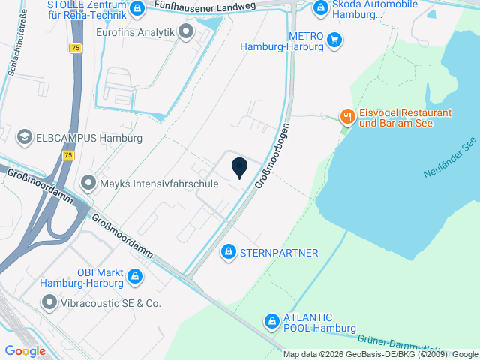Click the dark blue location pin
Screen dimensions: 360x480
click(240, 167)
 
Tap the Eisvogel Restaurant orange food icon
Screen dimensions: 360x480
click(346, 115)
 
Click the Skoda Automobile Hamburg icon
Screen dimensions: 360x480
click(320, 8)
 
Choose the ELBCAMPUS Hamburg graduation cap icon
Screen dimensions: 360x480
click(25, 138)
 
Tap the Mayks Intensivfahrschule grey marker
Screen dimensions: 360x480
click(88, 183)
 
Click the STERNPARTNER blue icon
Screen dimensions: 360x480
click(228, 252)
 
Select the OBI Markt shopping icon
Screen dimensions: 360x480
click(134, 277)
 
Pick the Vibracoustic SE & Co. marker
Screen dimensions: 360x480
click(49, 303)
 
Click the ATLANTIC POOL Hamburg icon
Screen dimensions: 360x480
click(271, 322)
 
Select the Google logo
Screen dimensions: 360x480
click(25, 350)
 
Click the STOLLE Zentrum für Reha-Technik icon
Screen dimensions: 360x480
click(136, 9)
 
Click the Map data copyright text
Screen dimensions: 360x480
click(381, 354)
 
